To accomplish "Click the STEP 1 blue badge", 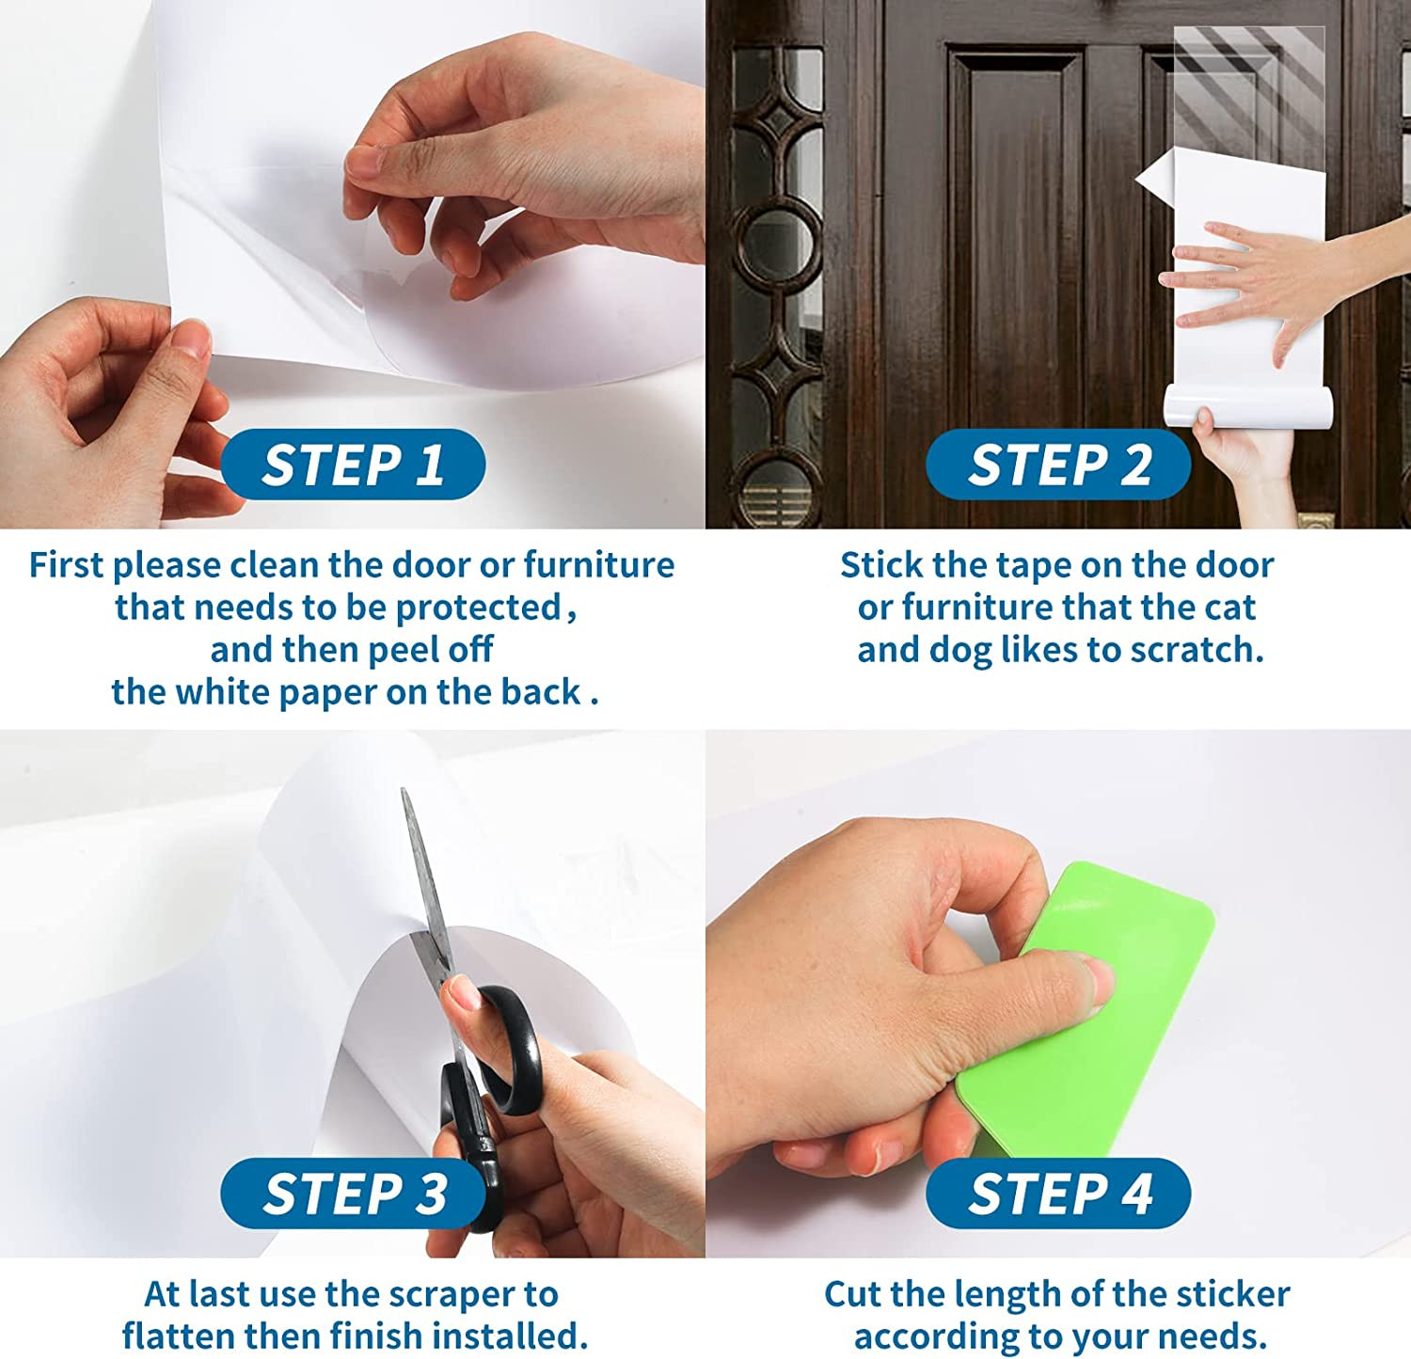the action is coord(354,465).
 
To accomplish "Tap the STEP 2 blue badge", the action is coord(1059,465).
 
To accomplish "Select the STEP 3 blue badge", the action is coord(354,1193).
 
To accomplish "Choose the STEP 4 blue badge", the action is coord(1059,1193).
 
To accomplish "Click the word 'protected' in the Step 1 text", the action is coord(478,608).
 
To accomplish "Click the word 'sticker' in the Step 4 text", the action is coord(1232,1294).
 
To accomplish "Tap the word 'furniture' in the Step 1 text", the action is coord(599,565).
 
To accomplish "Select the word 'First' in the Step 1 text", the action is coord(66,565).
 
